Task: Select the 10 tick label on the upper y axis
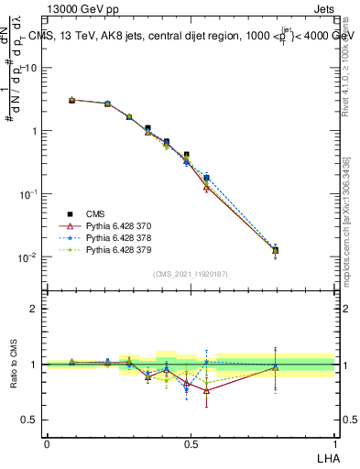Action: (x=31, y=68)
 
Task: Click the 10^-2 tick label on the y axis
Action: (x=27, y=257)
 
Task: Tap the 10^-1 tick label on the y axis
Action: (x=27, y=194)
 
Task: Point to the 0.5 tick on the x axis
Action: (x=191, y=443)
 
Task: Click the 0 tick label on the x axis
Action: (x=47, y=443)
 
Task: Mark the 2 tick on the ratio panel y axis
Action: (x=33, y=309)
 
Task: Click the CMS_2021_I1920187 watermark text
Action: (x=191, y=274)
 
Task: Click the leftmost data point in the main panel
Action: (x=72, y=100)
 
